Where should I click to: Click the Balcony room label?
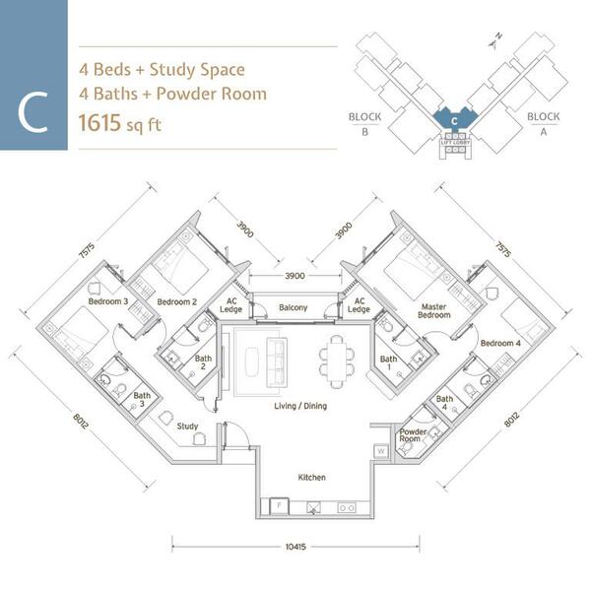(294, 307)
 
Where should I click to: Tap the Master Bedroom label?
(433, 311)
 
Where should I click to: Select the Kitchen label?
(311, 477)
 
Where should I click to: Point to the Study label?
(187, 426)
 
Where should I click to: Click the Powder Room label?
(413, 435)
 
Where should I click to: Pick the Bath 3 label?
(142, 400)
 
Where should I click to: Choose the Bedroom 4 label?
(500, 343)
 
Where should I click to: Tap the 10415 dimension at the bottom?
(295, 547)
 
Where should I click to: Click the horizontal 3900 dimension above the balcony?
(295, 276)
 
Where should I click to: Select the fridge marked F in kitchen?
(280, 506)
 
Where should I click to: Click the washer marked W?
(380, 451)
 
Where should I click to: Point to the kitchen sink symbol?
(313, 507)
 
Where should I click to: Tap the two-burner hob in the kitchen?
(347, 508)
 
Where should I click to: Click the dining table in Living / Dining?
(337, 361)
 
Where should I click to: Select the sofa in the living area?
(277, 362)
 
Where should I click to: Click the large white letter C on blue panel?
(33, 112)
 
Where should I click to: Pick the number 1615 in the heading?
(99, 123)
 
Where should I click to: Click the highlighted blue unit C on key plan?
(454, 119)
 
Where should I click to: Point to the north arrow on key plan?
(494, 41)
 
